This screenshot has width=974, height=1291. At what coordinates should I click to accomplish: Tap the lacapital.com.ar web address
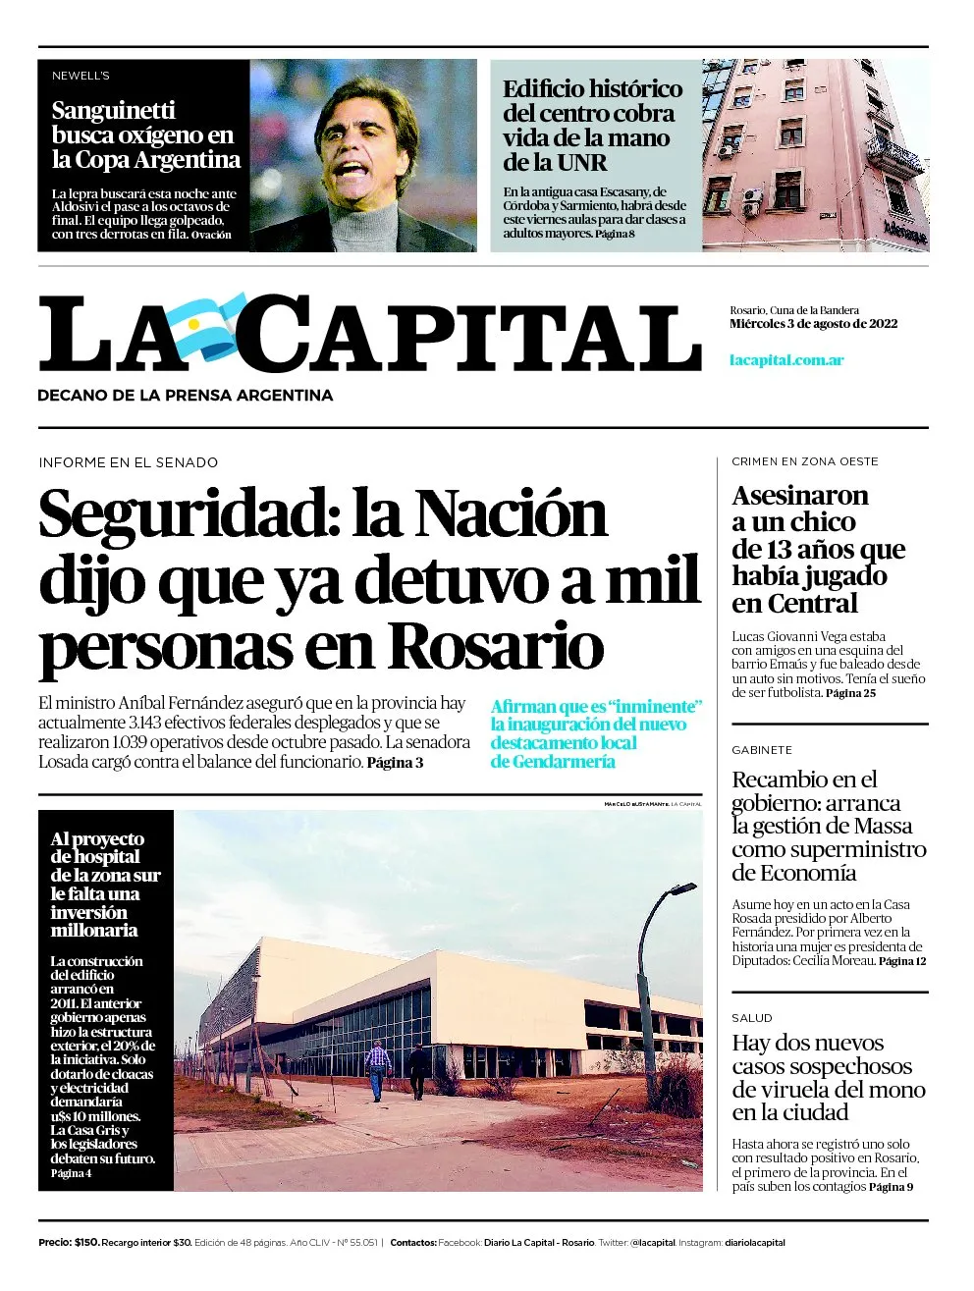coord(786,359)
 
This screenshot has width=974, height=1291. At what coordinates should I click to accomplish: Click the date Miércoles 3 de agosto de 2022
coord(813,324)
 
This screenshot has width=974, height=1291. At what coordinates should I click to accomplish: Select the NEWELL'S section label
coord(81,76)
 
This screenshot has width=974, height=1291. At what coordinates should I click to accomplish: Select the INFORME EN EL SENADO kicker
coord(129,462)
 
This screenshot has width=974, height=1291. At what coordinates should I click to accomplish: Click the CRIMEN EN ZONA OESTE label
coord(805,461)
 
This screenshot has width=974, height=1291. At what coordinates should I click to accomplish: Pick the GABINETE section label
coord(762,750)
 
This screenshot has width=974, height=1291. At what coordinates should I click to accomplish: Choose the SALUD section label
coord(752,1018)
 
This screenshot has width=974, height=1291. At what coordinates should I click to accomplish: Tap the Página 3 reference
coord(395,762)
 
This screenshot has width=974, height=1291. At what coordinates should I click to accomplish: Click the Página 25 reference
coord(850,693)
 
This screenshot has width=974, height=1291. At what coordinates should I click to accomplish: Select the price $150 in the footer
coord(86,1243)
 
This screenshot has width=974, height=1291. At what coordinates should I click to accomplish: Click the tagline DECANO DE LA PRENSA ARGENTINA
coord(185,396)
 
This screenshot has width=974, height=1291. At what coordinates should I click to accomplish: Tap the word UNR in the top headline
coord(581,163)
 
